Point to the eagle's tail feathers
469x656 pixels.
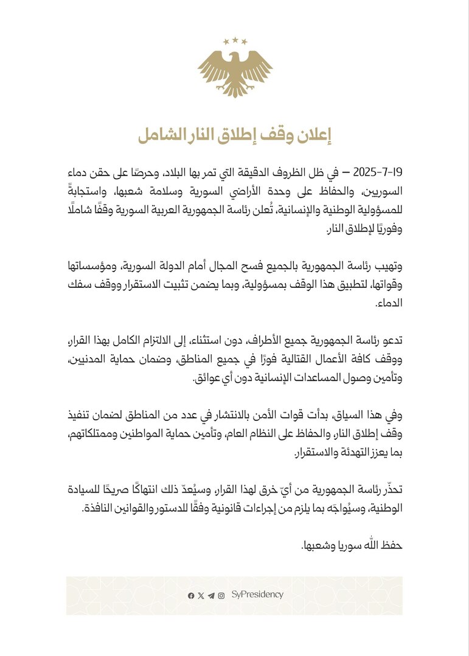point(234,91)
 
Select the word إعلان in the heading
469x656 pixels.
point(313,135)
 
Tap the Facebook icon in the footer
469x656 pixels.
point(191,596)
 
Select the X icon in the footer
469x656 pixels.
point(201,596)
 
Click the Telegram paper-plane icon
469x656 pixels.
point(210,596)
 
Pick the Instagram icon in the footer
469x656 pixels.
point(221,596)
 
